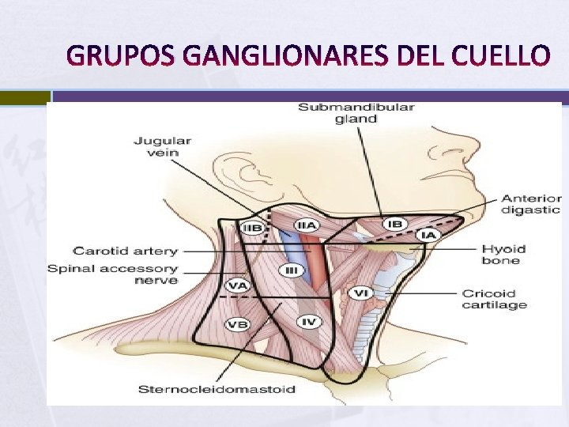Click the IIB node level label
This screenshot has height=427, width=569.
pos(252,228)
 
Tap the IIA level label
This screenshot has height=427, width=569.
pos(307,225)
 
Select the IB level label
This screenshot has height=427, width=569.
pos(394,225)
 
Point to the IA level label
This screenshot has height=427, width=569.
pos(428,235)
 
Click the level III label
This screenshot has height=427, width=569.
pos(292,270)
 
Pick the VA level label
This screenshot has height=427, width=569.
pos(236,285)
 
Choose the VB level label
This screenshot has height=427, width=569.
pos(237,323)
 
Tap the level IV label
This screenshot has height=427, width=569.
pos(308,322)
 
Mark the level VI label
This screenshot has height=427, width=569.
pos(360,293)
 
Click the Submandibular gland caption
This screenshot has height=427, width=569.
pos(356,112)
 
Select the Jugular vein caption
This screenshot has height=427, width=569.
pos(162,146)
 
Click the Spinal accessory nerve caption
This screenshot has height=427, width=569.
pos(112,274)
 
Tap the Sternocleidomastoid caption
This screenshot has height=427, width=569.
pos(217,389)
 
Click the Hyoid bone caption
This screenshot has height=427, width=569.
pos(503,255)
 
